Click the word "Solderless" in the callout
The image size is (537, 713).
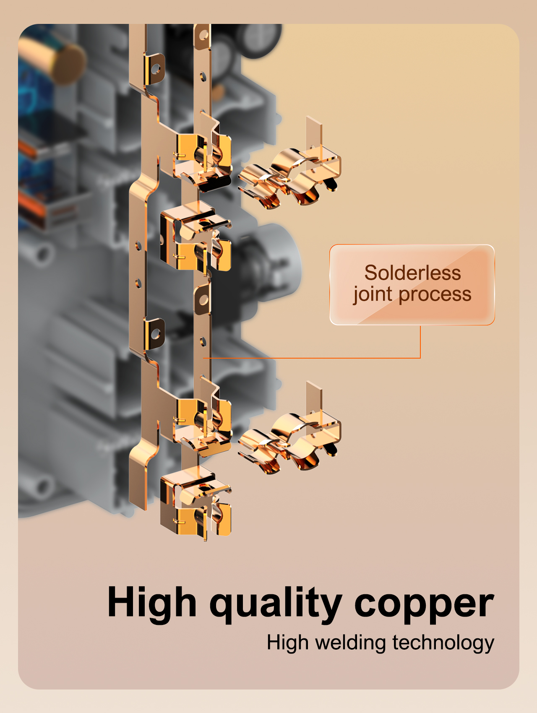pos(412,273)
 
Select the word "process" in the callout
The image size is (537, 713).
pos(435,295)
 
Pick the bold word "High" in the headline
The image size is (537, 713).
pos(152,603)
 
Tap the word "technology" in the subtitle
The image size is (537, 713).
pos(443,643)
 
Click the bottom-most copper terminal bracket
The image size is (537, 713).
pos(195,501)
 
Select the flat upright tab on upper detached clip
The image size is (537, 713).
pos(314,134)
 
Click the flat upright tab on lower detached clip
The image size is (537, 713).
pos(314,398)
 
